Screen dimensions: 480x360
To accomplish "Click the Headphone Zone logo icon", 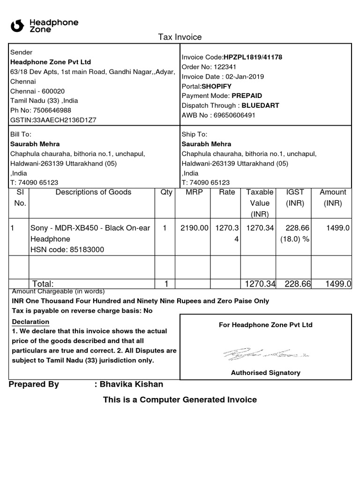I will point(17,26).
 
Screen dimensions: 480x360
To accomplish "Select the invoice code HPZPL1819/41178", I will point(253,57).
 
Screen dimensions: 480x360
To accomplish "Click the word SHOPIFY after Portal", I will point(217,86).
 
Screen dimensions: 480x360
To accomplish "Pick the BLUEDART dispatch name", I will point(261,105).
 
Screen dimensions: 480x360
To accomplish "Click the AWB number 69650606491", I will point(234,115).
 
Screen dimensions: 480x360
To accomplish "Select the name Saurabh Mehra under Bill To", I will point(35,144).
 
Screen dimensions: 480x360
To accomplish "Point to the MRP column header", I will point(194,192).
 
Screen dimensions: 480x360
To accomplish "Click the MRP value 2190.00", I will point(194,228).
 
